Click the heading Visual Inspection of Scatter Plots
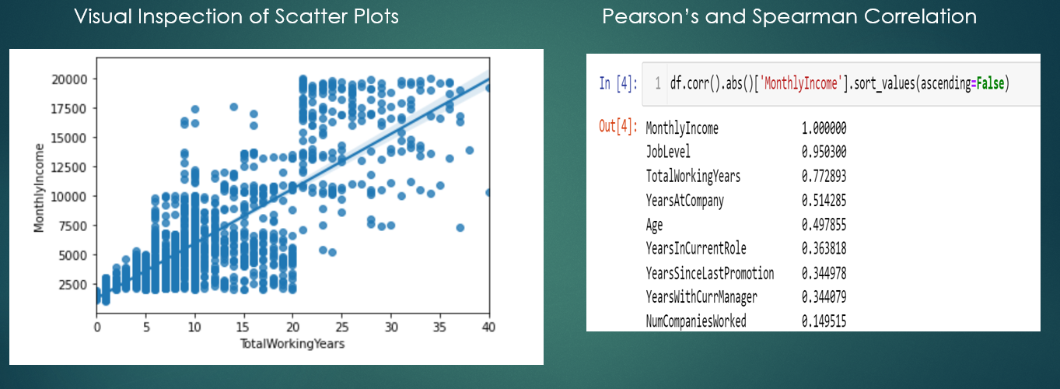point(236,16)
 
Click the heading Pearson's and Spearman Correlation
point(789,16)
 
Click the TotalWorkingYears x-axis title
point(292,343)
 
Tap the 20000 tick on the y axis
point(70,79)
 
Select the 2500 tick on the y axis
point(73,285)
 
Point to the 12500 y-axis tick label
point(70,166)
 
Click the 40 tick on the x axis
point(488,326)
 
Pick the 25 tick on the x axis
point(341,326)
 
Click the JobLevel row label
point(667,152)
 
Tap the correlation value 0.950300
point(824,152)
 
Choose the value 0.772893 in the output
point(824,177)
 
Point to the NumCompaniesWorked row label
point(696,321)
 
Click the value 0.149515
point(824,321)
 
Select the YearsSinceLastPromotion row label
point(709,273)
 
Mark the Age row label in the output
point(656,225)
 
